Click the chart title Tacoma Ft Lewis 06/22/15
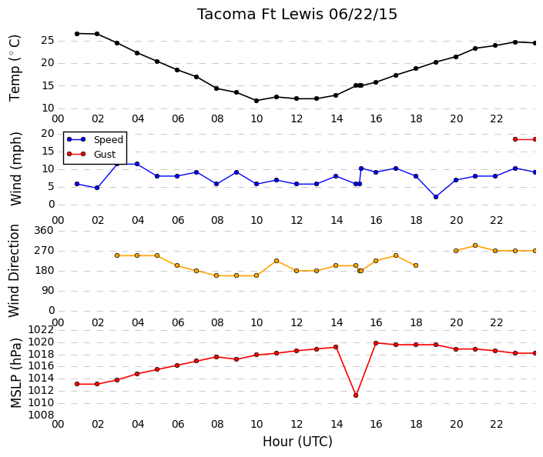(x=297, y=15)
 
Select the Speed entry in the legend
(x=109, y=140)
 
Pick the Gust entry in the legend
(x=105, y=155)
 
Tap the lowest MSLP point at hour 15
(x=356, y=395)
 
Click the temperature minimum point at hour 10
(x=256, y=101)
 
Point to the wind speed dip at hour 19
(x=436, y=197)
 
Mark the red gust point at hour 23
(x=515, y=139)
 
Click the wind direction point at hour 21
(x=475, y=245)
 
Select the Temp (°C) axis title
(x=15, y=68)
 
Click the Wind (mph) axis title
(x=15, y=168)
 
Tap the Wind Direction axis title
(x=14, y=271)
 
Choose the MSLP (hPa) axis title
(x=16, y=373)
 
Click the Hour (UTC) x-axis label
(x=297, y=442)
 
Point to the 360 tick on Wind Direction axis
(x=44, y=231)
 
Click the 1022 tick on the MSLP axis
(x=41, y=330)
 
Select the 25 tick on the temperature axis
(x=48, y=41)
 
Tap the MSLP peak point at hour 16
(x=376, y=343)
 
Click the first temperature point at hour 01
(x=77, y=34)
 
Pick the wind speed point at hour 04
(x=137, y=164)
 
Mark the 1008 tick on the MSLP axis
(x=41, y=415)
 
